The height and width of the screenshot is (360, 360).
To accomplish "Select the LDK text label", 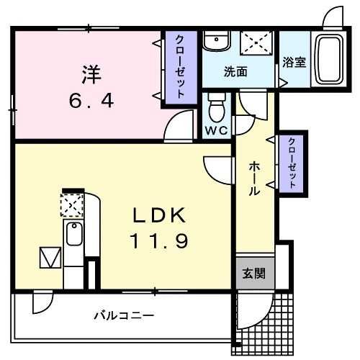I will coord(159,215).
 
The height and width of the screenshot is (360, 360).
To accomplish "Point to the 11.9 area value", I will coord(159,241).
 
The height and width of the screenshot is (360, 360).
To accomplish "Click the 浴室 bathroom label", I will coord(294,62).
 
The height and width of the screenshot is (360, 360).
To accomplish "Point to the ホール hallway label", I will coord(255,179).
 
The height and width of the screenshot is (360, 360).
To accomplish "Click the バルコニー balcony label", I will coord(124,315).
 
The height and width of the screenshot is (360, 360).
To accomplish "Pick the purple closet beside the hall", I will coord(292,163).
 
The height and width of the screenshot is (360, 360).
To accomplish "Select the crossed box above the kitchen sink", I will coord(73,207).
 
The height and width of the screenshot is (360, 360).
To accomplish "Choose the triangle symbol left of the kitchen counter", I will coord(48,256).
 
